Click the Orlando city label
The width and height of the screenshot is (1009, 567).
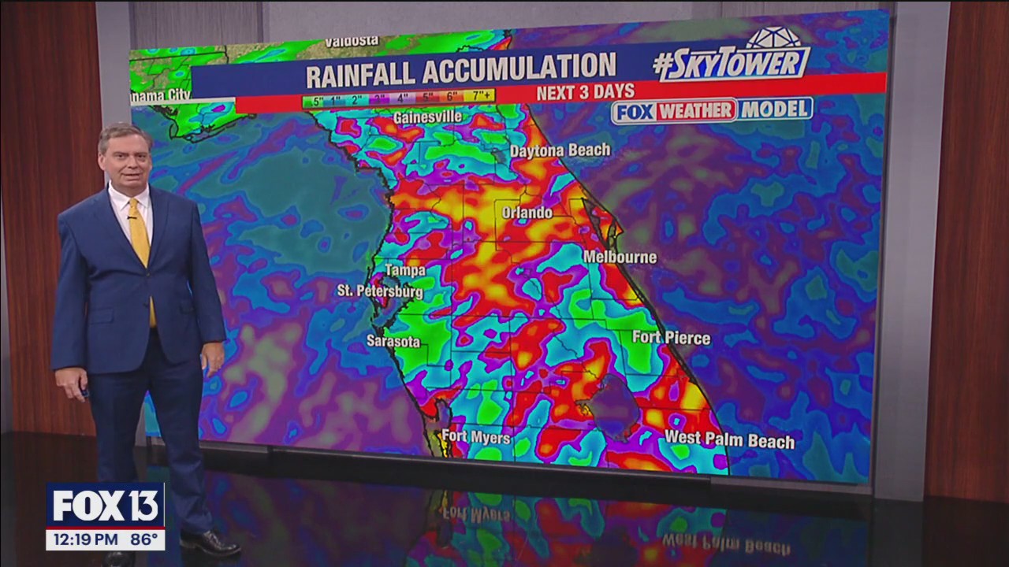(527, 213)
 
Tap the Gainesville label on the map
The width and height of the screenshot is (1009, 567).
(427, 117)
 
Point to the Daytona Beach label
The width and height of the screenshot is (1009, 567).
(560, 150)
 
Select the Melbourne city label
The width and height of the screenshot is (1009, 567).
(620, 257)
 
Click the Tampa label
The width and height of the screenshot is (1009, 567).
(405, 270)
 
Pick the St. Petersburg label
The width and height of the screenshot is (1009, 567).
(380, 291)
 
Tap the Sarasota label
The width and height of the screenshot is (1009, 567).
(393, 341)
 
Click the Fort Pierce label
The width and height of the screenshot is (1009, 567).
(671, 338)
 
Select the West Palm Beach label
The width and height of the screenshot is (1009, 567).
(729, 439)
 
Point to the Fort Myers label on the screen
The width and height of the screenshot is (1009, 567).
(475, 436)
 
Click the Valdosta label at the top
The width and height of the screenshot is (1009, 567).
(352, 41)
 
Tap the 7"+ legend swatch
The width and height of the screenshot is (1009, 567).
(479, 97)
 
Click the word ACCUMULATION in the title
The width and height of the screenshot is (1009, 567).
(519, 72)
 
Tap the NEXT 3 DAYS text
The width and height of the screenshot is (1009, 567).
(585, 92)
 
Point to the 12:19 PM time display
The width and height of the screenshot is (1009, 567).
(83, 541)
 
